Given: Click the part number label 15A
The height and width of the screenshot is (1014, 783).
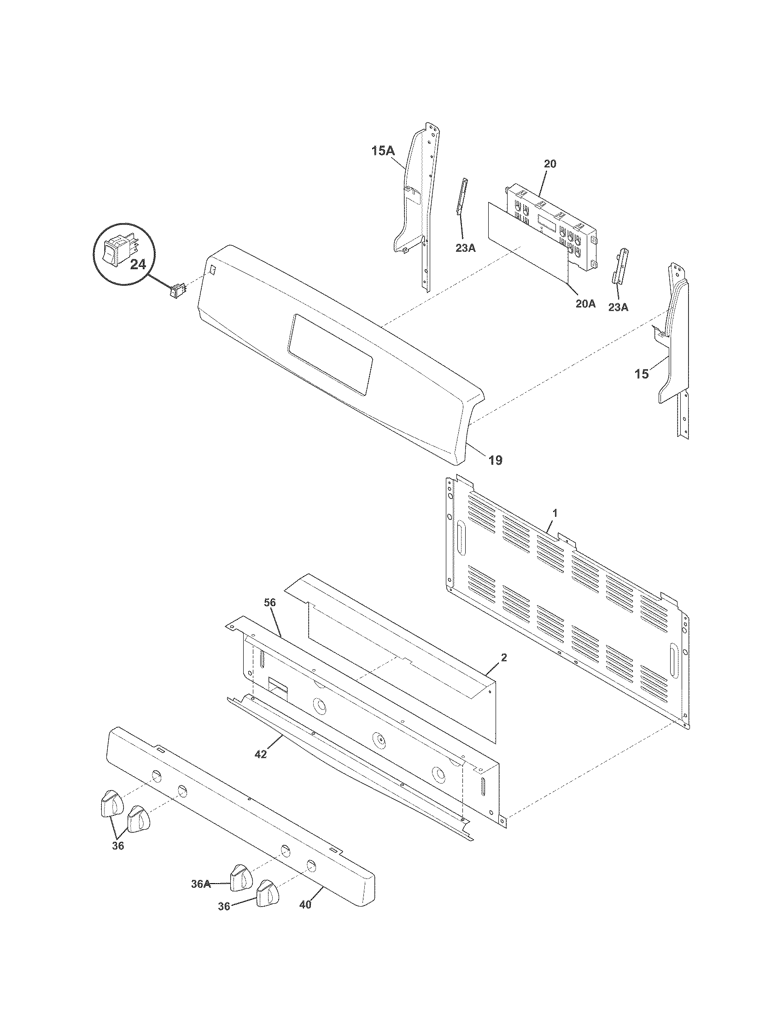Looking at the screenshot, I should tap(383, 151).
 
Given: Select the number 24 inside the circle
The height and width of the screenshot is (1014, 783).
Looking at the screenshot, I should tap(138, 264).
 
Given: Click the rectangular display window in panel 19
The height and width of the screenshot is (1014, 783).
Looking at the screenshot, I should tap(330, 355).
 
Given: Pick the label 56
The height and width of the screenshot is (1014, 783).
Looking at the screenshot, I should tap(270, 603).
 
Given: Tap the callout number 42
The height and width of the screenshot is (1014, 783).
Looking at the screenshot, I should tap(261, 755).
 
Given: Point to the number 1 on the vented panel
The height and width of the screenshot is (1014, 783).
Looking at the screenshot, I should tap(555, 513).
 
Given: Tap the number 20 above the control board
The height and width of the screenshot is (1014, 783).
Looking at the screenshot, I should tap(550, 164).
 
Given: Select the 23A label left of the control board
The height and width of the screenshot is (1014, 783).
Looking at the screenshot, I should tap(465, 248).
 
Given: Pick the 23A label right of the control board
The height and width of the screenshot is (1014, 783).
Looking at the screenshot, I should tap(618, 307).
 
